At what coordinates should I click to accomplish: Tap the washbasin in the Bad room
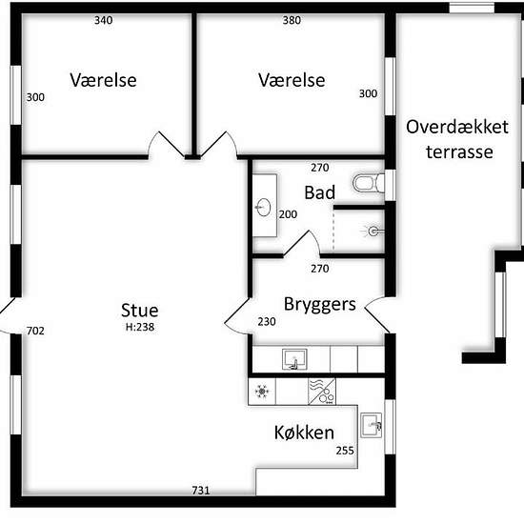pos(264,207)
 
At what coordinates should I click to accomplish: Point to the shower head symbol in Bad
pos(373,231)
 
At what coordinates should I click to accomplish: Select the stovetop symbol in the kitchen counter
pos(322,392)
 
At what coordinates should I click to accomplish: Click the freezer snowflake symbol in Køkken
pos(262,392)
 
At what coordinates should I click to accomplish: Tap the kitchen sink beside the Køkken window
pos(371,426)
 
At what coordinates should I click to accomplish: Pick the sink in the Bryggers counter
pos(294,359)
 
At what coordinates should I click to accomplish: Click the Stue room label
pos(140,311)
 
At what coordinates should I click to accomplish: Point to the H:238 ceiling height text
pos(140,327)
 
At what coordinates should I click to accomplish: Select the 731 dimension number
pos(201,491)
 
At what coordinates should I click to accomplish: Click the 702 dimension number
pos(35,331)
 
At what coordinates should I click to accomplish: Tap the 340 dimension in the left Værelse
pos(103,20)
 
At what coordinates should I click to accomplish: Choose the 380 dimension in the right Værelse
pos(292,20)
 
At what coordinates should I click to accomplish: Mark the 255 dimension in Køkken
pos(345,451)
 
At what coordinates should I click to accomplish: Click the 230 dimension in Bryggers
pos(267,321)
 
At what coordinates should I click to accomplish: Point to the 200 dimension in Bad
pos(288,214)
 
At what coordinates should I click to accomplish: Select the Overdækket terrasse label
pos(457,139)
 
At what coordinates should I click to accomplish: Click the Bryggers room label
pos(320,305)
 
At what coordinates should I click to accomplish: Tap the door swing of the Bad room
pos(302,243)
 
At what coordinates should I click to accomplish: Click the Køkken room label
pos(304,433)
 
